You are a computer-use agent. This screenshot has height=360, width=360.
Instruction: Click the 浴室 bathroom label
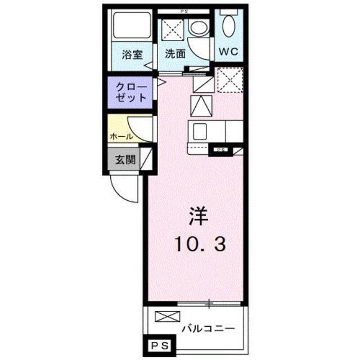[x=133, y=55]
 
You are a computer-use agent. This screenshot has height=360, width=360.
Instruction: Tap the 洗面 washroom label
[x=175, y=55]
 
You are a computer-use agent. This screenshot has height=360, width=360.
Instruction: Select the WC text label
[x=228, y=51]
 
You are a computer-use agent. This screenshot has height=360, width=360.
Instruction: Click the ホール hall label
[x=121, y=137]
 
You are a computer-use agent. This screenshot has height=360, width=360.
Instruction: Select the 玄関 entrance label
[x=125, y=159]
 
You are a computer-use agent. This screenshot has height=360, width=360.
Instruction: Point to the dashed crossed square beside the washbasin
[x=170, y=29]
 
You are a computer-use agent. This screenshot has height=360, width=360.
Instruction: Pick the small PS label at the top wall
[x=183, y=11]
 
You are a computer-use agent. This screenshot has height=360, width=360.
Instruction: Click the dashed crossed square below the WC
[x=229, y=79]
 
